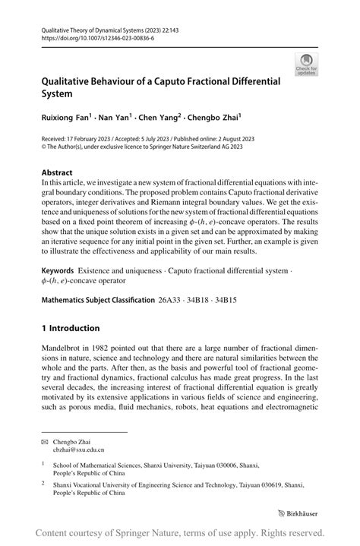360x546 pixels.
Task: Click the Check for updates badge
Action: pos(308,66)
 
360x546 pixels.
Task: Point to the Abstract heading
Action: pos(57,172)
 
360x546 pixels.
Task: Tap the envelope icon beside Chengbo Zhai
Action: pos(44,441)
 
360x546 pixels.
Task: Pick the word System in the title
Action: pos(57,94)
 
